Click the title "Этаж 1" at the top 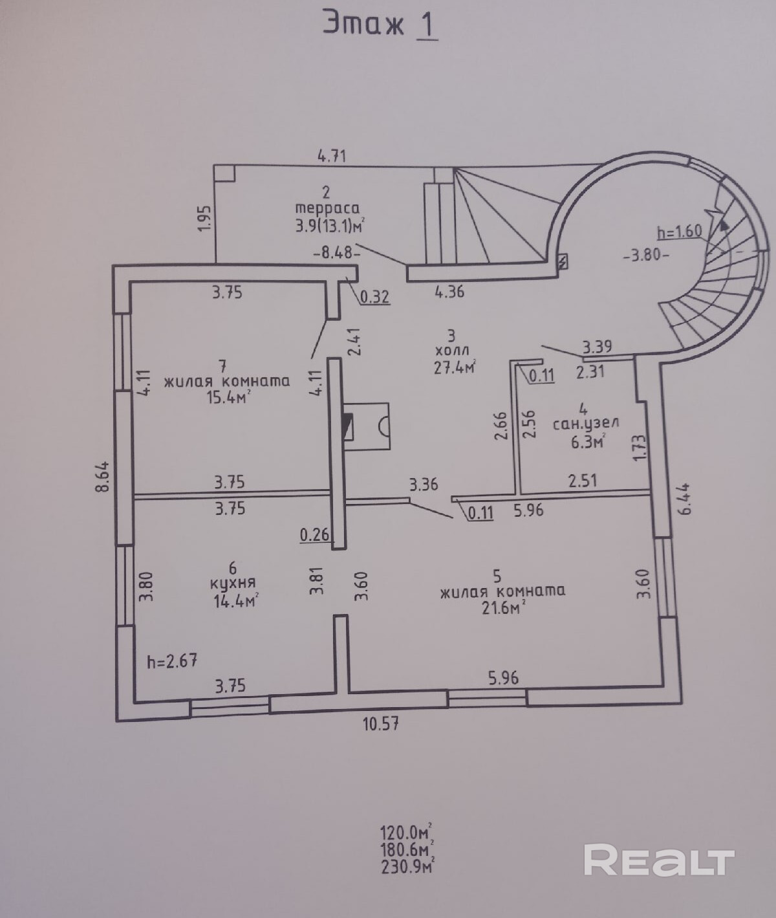[x=380, y=27]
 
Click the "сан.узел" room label [x=585, y=424]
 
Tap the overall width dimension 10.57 [x=381, y=723]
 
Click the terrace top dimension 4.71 [x=332, y=157]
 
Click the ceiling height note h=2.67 [x=172, y=661]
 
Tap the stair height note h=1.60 [x=679, y=231]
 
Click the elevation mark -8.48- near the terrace [x=336, y=253]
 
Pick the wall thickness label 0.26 [x=316, y=535]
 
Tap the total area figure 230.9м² [x=406, y=864]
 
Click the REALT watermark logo [x=659, y=860]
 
